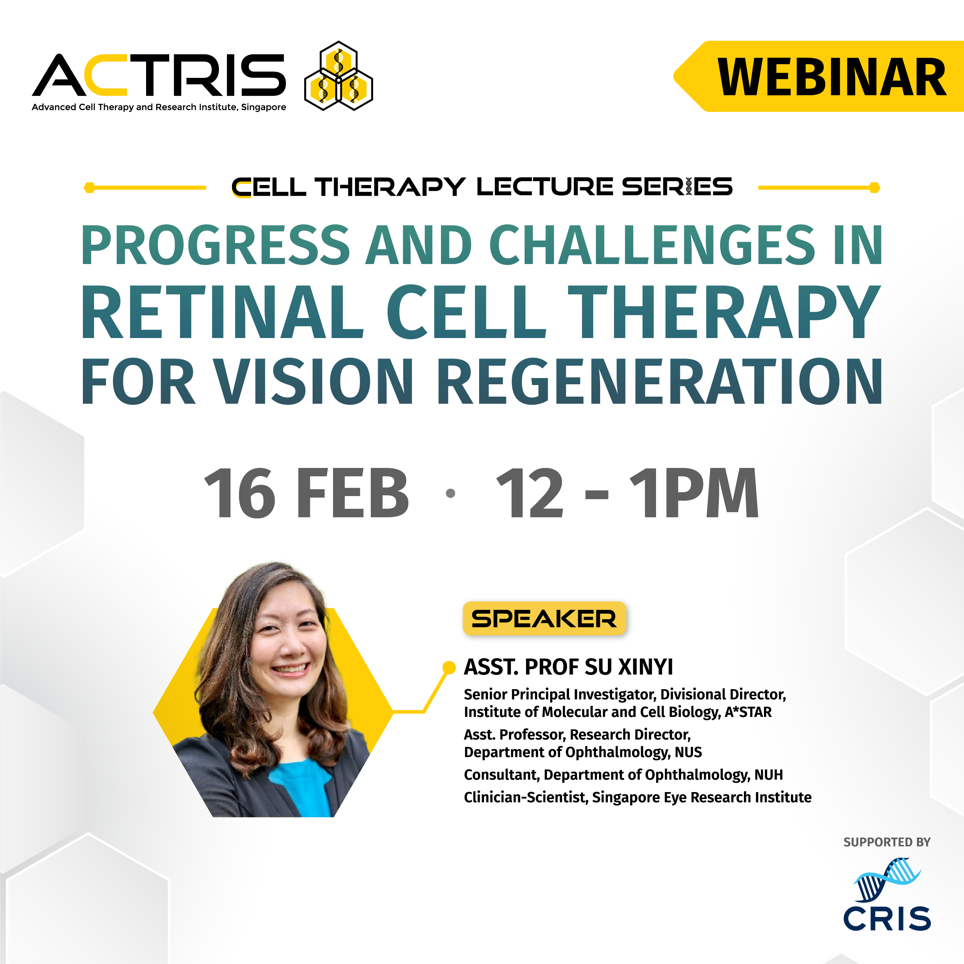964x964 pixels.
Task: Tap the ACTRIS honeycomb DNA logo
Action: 339,76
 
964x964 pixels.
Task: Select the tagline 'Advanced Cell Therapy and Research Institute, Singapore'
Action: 159,107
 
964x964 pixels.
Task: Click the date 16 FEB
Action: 306,493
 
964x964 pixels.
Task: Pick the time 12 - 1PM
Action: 627,493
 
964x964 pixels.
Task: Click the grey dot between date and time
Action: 450,493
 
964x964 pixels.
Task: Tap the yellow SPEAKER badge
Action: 544,619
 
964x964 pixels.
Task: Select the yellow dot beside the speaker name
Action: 449,667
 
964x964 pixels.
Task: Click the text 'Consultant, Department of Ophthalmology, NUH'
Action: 623,775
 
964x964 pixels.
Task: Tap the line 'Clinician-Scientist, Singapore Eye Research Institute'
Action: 638,798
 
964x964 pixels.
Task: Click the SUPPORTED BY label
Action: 887,842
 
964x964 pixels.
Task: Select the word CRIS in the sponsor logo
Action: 887,919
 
